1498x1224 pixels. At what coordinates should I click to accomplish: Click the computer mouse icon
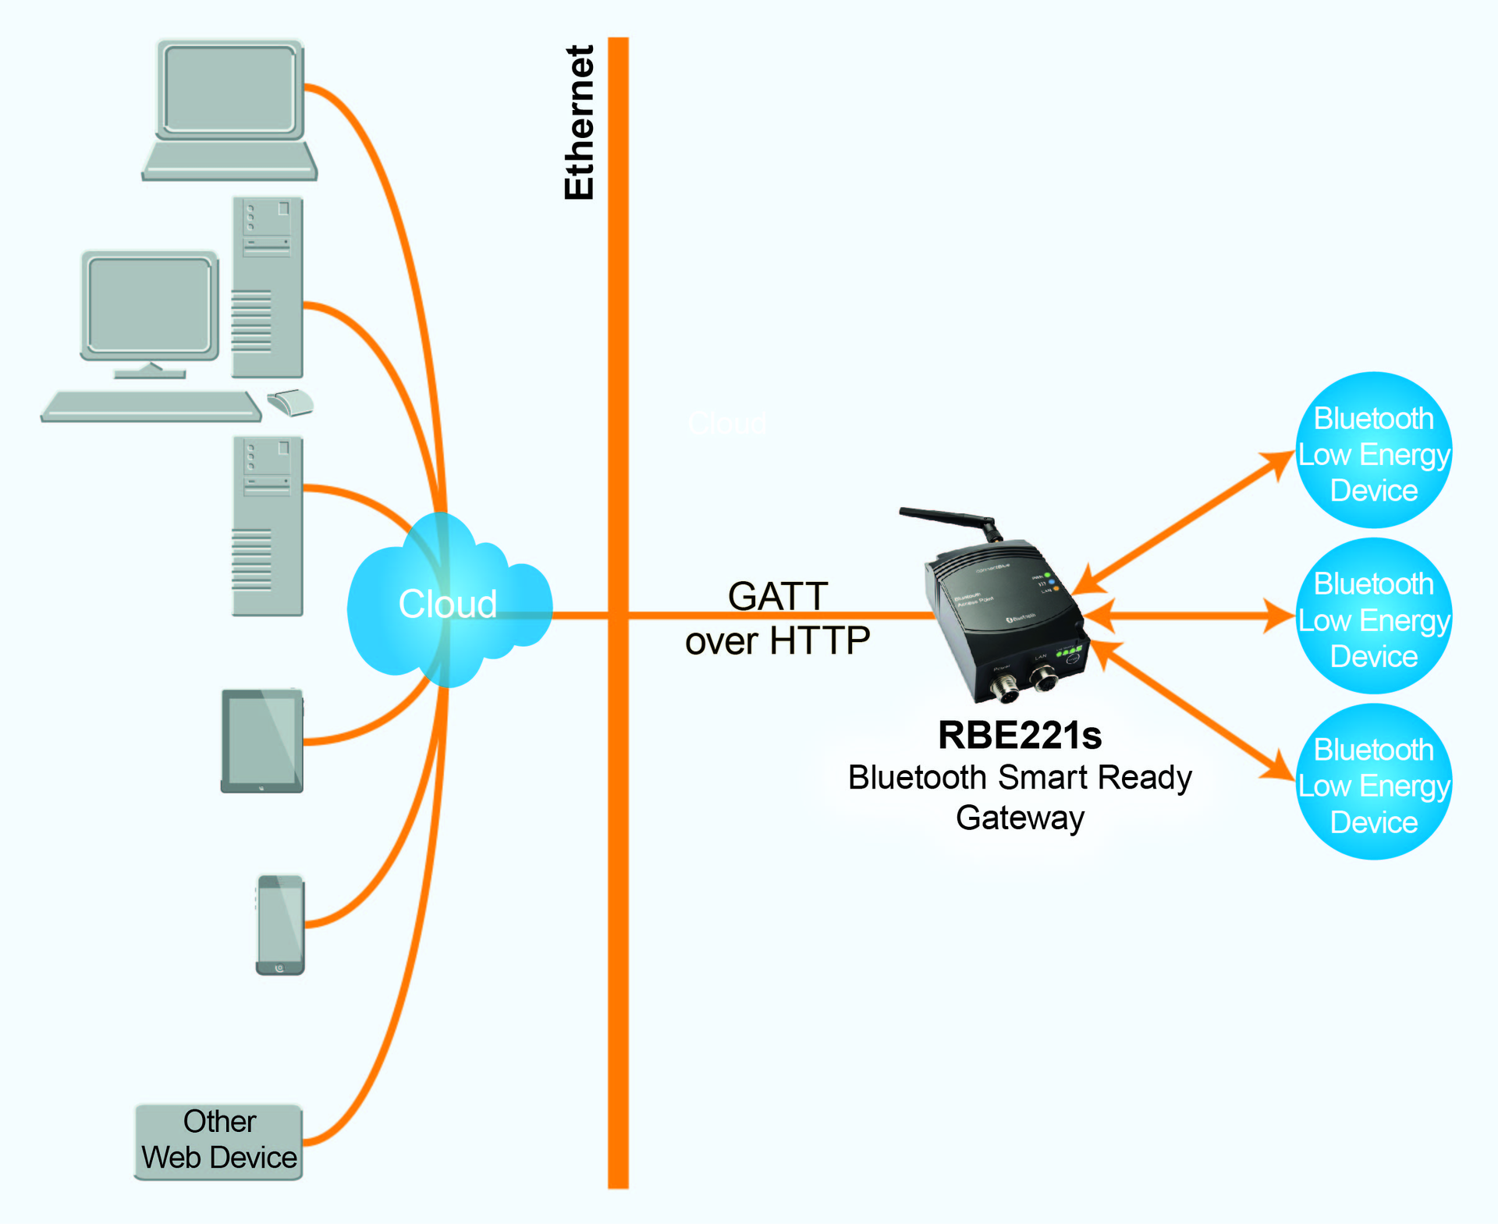point(289,403)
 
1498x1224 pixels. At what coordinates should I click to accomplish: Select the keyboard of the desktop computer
point(151,406)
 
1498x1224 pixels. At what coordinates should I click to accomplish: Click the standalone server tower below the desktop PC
point(267,527)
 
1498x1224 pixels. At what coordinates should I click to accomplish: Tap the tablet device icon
point(261,740)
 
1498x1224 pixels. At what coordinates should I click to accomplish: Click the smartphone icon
point(280,924)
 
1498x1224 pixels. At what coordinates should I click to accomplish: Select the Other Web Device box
point(218,1141)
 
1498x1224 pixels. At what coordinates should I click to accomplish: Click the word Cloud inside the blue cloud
point(447,604)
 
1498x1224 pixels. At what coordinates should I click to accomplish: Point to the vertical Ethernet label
point(579,122)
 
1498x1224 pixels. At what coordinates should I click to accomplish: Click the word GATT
point(777,597)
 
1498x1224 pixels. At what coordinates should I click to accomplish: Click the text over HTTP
point(777,641)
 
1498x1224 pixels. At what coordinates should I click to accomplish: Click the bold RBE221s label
point(1019,735)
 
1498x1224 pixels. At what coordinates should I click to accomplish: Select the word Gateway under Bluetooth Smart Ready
point(1020,818)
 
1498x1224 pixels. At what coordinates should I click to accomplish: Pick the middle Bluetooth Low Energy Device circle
point(1373,616)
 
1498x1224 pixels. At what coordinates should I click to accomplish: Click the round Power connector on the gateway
point(1003,688)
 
